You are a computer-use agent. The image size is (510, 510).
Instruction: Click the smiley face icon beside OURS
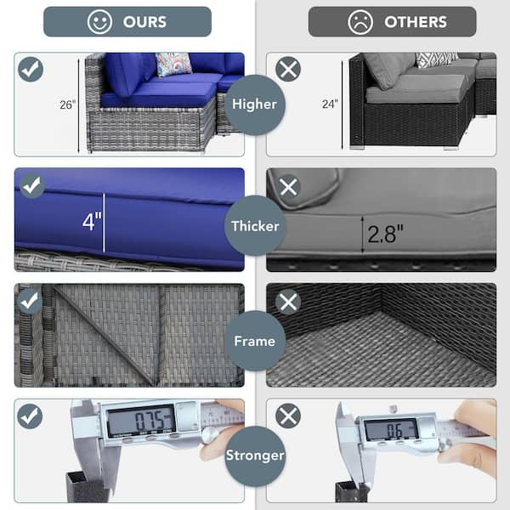click(x=99, y=22)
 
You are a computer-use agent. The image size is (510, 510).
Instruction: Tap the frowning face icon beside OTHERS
click(x=360, y=22)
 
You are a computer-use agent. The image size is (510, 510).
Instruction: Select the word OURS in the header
click(x=144, y=22)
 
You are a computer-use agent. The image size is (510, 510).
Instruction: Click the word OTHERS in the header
click(x=416, y=22)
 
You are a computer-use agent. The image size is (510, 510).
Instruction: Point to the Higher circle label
click(x=255, y=105)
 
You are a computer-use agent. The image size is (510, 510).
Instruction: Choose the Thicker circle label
click(x=255, y=226)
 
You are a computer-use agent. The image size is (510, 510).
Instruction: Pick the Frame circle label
click(x=255, y=341)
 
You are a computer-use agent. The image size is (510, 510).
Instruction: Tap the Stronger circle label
click(x=255, y=456)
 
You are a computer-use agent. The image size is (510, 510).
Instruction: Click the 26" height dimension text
click(x=68, y=105)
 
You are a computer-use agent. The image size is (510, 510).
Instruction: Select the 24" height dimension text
click(x=330, y=104)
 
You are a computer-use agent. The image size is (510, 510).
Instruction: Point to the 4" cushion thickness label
click(x=92, y=222)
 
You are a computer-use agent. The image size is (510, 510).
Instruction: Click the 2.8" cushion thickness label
click(x=385, y=234)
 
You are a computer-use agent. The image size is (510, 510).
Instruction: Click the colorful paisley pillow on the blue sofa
click(x=173, y=64)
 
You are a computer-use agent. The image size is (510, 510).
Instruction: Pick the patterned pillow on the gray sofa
click(x=437, y=59)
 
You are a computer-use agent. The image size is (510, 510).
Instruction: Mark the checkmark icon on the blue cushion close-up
click(x=32, y=186)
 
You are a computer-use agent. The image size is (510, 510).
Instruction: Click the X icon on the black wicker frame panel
click(x=288, y=302)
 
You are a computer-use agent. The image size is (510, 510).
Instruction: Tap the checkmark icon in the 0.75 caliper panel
click(x=30, y=416)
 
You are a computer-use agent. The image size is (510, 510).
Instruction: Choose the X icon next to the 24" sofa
click(x=288, y=70)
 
